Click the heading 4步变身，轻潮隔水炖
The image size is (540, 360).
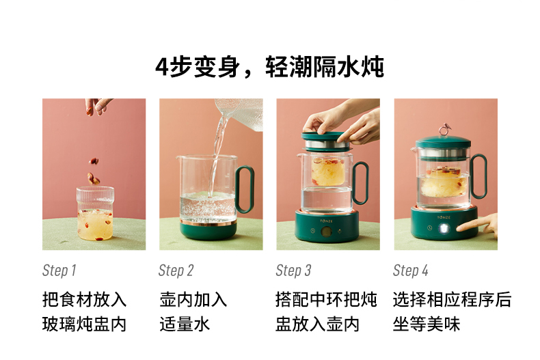(269, 67)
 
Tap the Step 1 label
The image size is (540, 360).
(59, 271)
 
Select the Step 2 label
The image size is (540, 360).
(176, 271)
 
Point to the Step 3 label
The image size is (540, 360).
(293, 271)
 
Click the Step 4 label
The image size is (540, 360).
(411, 271)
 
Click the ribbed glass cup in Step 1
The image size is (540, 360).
(95, 213)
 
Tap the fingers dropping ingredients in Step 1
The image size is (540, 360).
(98, 106)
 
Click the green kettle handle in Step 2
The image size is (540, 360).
(245, 189)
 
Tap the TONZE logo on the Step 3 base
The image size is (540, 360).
(326, 221)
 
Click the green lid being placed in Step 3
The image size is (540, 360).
(327, 137)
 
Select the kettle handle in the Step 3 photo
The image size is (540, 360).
(360, 182)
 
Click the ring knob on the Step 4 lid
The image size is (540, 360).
(444, 129)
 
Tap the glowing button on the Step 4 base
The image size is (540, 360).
(444, 229)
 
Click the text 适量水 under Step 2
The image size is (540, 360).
(185, 324)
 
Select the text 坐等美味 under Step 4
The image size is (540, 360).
(427, 324)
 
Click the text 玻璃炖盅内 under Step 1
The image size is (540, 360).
(84, 324)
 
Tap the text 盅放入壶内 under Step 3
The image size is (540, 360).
(318, 324)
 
